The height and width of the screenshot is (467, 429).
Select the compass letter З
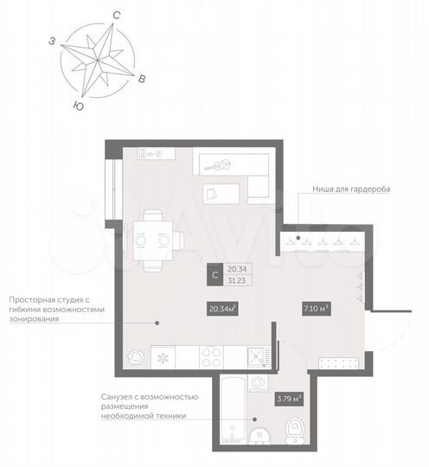(53, 41)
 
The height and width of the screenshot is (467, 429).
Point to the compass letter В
(142, 79)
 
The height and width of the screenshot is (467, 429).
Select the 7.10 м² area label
(315, 308)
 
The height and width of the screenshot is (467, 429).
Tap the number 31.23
(236, 282)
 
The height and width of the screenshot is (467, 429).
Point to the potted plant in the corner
(135, 355)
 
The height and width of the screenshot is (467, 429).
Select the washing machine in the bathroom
(256, 382)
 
